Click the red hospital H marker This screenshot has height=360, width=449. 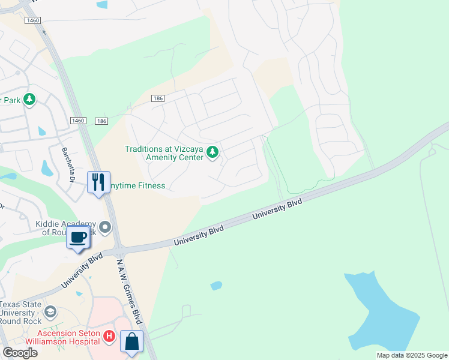(109, 337)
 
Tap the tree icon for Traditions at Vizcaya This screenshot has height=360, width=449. (212, 153)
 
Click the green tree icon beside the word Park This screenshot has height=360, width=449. (29, 100)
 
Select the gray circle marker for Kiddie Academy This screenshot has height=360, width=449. (106, 227)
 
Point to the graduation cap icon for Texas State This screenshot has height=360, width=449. (50, 312)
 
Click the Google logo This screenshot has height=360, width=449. (20, 352)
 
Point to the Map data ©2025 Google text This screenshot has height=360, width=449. (411, 355)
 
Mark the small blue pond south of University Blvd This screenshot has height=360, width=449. (216, 286)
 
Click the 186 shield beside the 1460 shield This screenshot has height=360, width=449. (101, 121)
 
